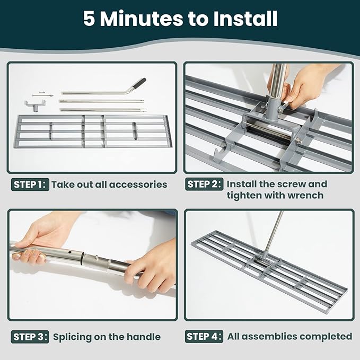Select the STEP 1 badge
(x=30, y=185)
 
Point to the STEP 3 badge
(x=30, y=337)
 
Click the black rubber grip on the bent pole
(x=139, y=83)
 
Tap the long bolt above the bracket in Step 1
(x=40, y=93)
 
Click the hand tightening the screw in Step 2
(x=300, y=85)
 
